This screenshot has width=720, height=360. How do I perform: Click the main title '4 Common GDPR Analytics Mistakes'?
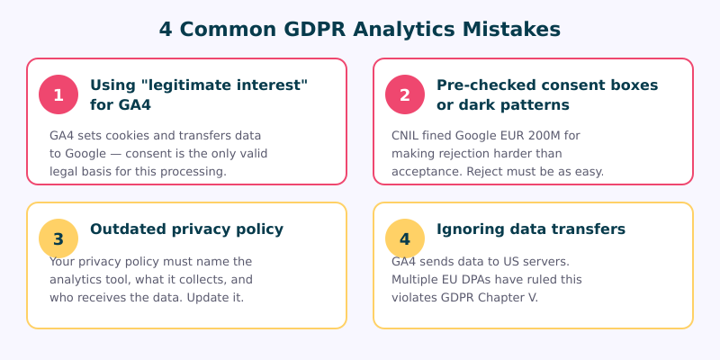tap(360, 29)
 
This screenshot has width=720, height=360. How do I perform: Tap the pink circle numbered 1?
tap(58, 94)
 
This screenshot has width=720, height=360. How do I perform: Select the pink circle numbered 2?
tap(405, 94)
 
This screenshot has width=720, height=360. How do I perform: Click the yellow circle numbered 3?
tap(58, 238)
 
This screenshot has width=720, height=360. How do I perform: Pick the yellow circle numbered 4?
tap(405, 238)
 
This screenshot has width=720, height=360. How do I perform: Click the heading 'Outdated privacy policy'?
tap(186, 229)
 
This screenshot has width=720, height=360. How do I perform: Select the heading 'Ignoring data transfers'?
tap(530, 229)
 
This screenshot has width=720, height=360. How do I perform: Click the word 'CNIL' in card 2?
tap(408, 135)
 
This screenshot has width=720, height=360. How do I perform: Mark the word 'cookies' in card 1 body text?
tap(124, 135)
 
